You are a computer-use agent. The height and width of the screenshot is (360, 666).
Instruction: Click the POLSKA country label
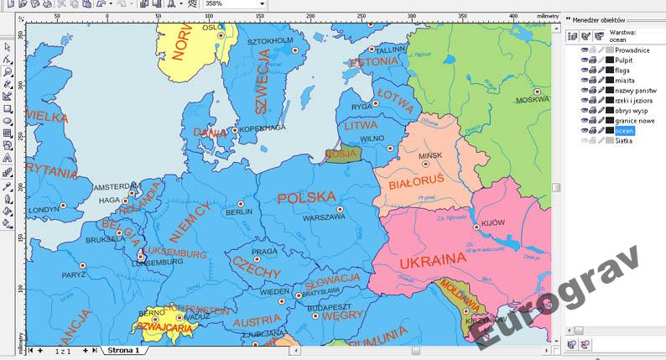click(306, 198)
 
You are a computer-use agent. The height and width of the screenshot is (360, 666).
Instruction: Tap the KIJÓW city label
click(494, 223)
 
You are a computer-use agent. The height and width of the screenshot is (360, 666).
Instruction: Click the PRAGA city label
click(264, 252)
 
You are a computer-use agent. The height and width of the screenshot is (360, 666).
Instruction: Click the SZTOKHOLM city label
click(269, 39)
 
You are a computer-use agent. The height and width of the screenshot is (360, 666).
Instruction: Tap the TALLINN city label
click(389, 50)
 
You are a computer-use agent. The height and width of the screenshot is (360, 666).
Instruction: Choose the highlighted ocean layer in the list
click(625, 131)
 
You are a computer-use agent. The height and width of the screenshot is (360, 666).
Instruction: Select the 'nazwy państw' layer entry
click(635, 91)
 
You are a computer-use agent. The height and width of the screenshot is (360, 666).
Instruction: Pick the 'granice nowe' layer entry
click(635, 121)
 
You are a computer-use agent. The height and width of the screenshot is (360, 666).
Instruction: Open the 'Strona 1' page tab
click(122, 350)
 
